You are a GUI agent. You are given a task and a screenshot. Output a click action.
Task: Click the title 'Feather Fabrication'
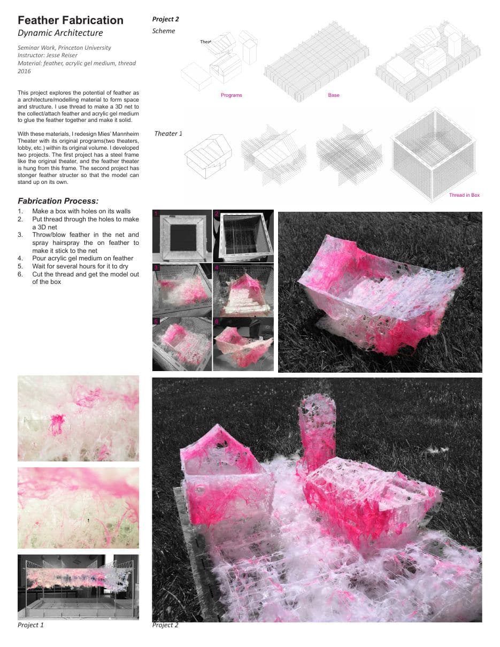[x=71, y=20]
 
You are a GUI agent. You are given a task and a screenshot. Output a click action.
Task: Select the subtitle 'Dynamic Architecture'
[x=60, y=33]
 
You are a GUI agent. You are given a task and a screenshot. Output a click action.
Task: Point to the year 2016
[x=24, y=71]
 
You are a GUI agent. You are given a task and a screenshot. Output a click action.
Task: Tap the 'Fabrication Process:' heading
[x=58, y=201]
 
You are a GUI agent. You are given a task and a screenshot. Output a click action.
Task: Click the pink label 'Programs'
[x=232, y=95]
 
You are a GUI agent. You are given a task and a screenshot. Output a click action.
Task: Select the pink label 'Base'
[x=334, y=95]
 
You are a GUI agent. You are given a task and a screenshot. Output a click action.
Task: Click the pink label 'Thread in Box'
[x=464, y=195]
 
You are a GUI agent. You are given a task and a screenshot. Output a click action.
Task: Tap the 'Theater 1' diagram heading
[x=168, y=133]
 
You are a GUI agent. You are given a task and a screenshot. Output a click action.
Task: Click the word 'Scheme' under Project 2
[x=164, y=31]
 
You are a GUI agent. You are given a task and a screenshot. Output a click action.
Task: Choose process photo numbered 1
[x=182, y=236]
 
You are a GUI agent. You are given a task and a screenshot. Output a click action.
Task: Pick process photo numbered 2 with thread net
[x=243, y=236]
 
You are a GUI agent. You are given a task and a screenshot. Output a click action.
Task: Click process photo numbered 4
[x=243, y=290]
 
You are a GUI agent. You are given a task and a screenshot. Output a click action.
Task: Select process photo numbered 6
[x=243, y=344]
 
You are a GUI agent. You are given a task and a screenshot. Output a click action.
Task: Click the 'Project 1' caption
[x=30, y=625]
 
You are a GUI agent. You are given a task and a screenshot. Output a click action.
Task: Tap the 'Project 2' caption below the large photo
[x=165, y=625]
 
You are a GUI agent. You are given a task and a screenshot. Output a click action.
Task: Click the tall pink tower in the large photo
[x=318, y=432]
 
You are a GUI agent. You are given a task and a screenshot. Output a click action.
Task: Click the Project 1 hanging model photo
[x=78, y=587]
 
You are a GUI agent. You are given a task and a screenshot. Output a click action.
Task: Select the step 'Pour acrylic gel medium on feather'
[x=83, y=258]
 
